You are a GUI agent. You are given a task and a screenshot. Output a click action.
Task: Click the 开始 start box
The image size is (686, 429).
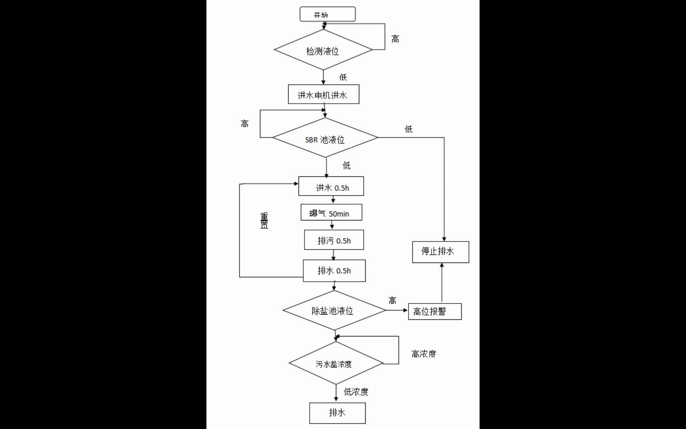[327, 14]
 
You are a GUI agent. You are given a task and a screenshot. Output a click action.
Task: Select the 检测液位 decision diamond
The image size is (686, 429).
[323, 50]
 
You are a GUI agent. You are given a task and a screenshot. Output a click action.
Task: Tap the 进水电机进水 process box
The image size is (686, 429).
[323, 95]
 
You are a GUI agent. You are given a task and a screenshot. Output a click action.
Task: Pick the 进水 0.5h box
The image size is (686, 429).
[331, 186]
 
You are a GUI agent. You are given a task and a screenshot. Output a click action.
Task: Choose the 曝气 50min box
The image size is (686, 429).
[331, 213]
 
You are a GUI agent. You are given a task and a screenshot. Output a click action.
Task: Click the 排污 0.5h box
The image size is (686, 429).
[334, 240]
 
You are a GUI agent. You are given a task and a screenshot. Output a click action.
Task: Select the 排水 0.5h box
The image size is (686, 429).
[334, 271]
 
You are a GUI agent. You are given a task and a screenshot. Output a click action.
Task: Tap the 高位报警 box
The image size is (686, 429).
[435, 311]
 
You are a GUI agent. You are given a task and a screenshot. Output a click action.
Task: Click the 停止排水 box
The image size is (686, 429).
[440, 252]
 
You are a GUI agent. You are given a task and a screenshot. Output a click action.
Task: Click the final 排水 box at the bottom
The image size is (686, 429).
[337, 413]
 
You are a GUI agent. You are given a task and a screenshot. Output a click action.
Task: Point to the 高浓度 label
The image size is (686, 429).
[424, 354]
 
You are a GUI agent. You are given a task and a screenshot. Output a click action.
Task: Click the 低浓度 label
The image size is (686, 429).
[356, 392]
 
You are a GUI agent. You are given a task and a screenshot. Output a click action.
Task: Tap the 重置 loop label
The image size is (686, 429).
[264, 220]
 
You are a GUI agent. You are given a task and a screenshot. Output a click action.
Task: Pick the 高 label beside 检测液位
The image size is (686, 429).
[395, 39]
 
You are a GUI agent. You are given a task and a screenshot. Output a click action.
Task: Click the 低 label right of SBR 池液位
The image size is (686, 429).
[409, 129]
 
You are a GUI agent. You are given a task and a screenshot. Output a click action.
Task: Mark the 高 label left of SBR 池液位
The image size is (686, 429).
[245, 124]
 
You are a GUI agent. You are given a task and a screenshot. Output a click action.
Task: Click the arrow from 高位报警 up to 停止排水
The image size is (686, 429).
[442, 283]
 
